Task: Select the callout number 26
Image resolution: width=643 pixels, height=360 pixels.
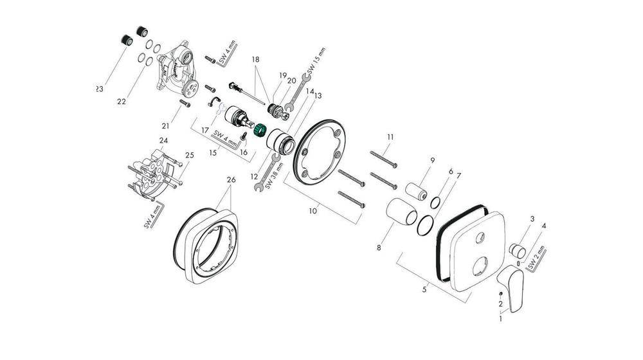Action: click(x=231, y=180)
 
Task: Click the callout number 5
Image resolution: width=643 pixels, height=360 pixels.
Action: click(x=424, y=290)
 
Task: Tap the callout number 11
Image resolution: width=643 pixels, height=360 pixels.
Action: click(x=390, y=137)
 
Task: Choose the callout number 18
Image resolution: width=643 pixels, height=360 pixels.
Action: click(x=256, y=59)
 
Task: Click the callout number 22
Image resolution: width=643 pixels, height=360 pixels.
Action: click(x=122, y=101)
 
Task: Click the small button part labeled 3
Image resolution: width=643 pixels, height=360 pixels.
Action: click(x=518, y=249)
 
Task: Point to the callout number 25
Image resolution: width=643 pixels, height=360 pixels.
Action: click(x=189, y=156)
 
